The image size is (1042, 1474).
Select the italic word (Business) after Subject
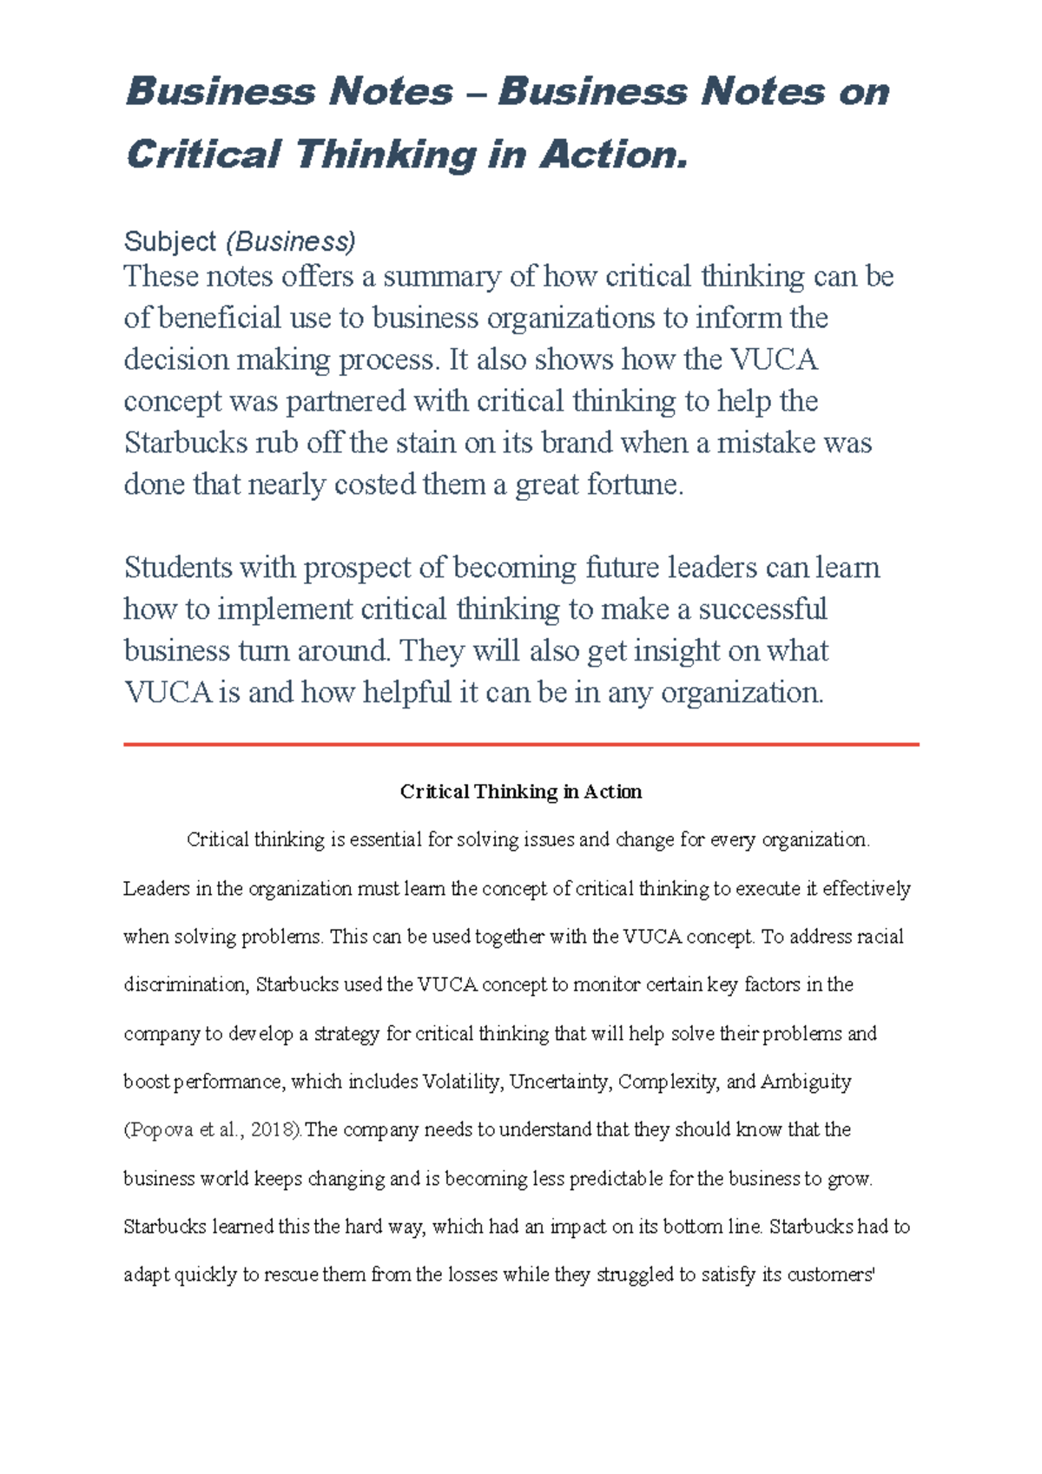click(291, 241)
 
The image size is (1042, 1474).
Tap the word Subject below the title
click(170, 241)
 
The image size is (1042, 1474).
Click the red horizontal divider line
click(521, 744)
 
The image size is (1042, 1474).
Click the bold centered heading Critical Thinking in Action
click(521, 792)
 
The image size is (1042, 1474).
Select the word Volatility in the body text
click(461, 1082)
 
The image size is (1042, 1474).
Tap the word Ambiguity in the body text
click(806, 1082)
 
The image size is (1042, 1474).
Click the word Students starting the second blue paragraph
click(179, 568)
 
